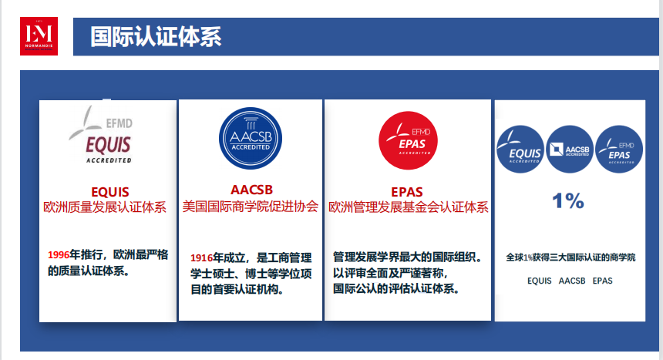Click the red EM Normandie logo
(x=39, y=36)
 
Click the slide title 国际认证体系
(x=156, y=36)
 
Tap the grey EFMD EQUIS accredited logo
(x=101, y=134)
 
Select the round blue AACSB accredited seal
(x=251, y=138)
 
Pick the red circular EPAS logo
(x=408, y=140)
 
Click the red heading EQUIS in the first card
(x=110, y=192)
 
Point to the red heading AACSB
(x=251, y=190)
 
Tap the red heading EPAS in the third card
(x=407, y=192)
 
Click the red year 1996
(x=59, y=254)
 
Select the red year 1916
(x=201, y=257)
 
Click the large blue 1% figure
(x=568, y=200)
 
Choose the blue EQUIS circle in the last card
(x=520, y=150)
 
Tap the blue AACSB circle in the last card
(x=570, y=150)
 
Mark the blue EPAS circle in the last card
(x=619, y=150)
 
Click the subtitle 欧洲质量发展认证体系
(x=105, y=207)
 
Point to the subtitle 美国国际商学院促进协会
(x=251, y=207)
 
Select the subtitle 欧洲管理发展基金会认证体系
(x=409, y=207)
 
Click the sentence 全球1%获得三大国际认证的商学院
(x=570, y=257)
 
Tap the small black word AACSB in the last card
(x=572, y=281)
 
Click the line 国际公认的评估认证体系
(x=396, y=289)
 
